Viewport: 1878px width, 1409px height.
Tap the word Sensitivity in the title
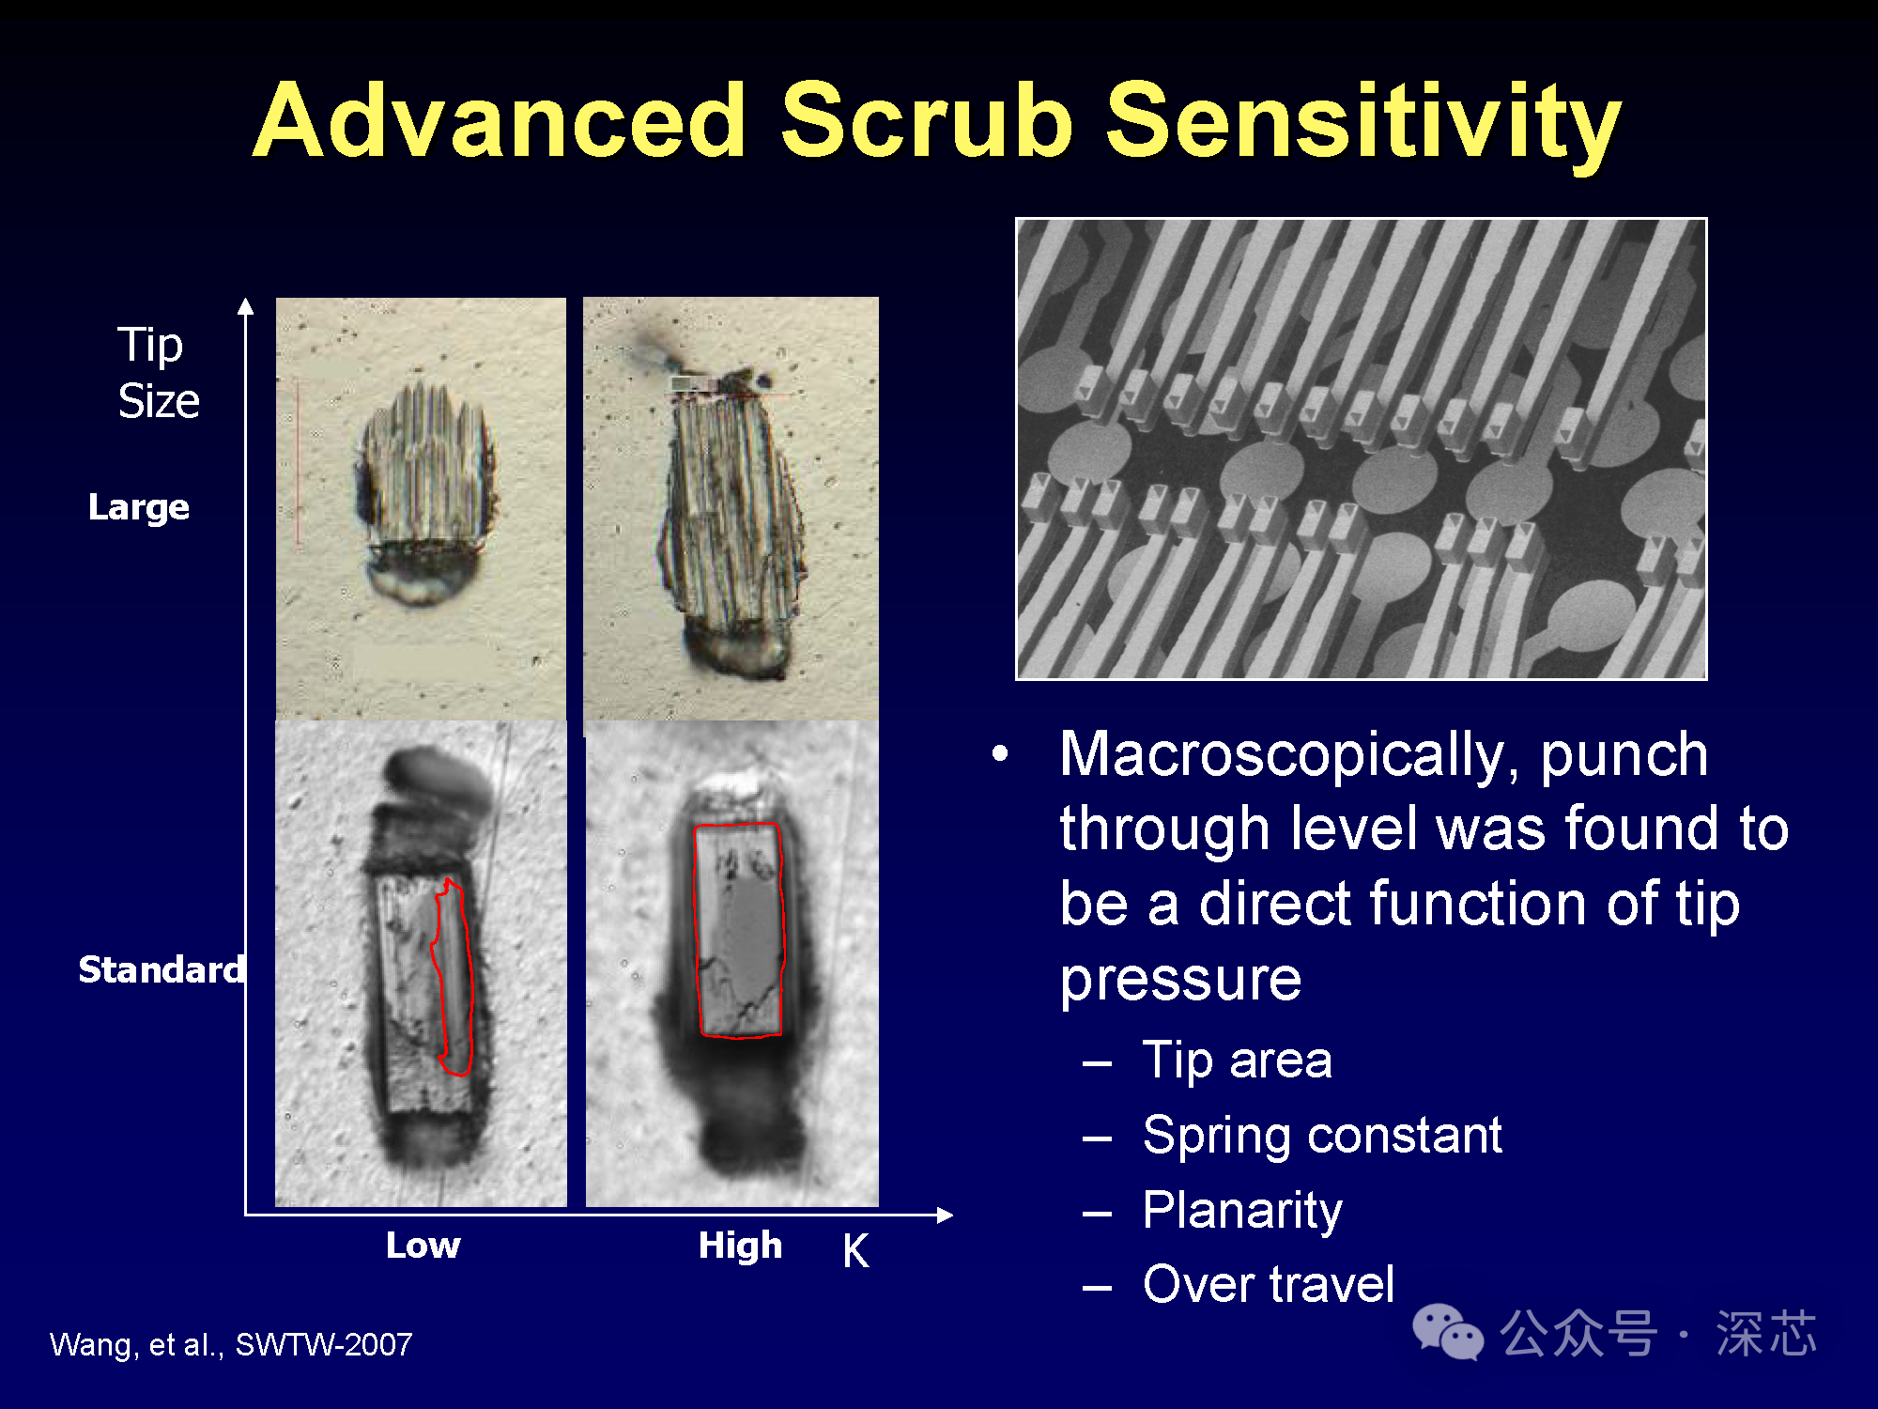coord(1362,124)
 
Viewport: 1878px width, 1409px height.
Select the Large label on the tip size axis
coord(139,507)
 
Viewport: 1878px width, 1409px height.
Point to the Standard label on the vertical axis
coord(162,969)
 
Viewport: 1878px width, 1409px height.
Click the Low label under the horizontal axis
coord(423,1246)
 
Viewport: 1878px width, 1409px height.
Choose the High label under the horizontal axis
coord(740,1246)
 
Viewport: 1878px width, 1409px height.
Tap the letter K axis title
coord(855,1251)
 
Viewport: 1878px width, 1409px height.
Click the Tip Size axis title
coord(158,373)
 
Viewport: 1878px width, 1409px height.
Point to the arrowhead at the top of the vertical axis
coord(246,305)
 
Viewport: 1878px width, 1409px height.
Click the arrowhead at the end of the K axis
coord(945,1215)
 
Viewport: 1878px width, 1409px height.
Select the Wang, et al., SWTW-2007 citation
coord(231,1345)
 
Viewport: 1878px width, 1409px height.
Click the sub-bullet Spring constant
coord(1322,1136)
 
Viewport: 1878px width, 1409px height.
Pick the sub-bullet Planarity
coord(1242,1211)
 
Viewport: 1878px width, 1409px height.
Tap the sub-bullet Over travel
coord(1268,1284)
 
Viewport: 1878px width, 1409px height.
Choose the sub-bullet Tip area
coord(1237,1061)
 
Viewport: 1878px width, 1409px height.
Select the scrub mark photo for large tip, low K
coord(421,509)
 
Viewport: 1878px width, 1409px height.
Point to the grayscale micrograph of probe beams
coord(1362,449)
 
